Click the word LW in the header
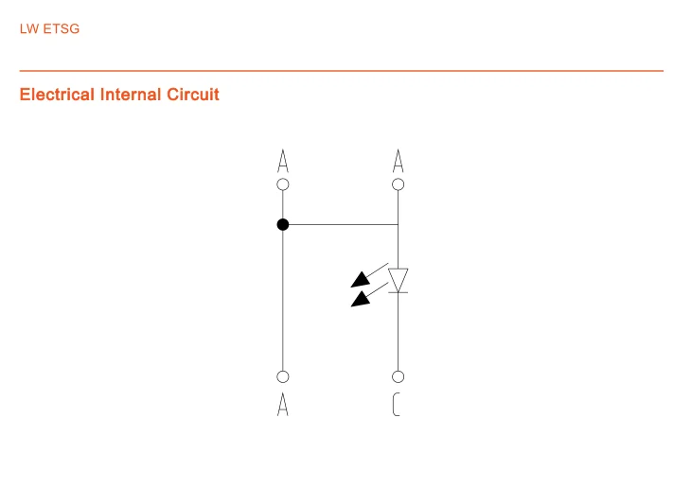tap(29, 29)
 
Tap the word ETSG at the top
tap(62, 29)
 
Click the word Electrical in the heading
tap(57, 95)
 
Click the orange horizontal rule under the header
tap(341, 71)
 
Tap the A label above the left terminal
tap(282, 160)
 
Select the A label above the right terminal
tap(399, 160)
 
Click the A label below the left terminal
tap(282, 405)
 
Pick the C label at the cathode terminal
tap(397, 405)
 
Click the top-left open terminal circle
tap(282, 184)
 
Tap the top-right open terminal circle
tap(399, 184)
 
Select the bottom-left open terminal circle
tap(282, 376)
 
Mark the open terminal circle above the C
tap(399, 376)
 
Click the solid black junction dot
tap(282, 224)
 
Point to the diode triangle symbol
tap(399, 279)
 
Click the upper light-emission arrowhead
tap(361, 279)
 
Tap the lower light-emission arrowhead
tap(361, 300)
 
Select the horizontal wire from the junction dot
tap(341, 224)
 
